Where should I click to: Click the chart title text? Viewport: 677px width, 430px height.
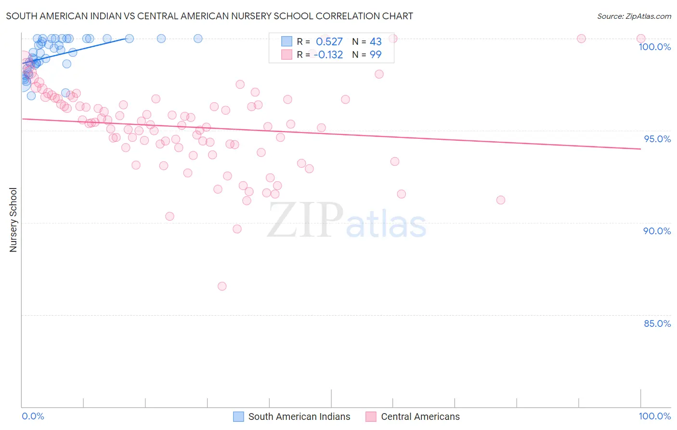click(209, 16)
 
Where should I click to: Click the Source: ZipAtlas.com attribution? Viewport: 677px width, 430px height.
click(634, 16)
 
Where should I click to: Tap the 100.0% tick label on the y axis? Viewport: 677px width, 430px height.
click(654, 47)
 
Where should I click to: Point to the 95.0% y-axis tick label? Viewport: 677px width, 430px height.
click(657, 139)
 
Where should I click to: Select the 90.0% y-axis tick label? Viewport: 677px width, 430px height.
click(657, 231)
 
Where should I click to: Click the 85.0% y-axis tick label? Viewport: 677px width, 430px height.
click(657, 323)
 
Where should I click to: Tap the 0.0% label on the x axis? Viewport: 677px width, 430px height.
click(33, 416)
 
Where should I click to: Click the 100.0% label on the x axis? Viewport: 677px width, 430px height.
click(654, 416)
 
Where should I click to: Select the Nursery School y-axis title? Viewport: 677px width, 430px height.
click(13, 220)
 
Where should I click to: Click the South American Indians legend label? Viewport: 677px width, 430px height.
click(299, 417)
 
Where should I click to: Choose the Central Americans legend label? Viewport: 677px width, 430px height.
click(420, 417)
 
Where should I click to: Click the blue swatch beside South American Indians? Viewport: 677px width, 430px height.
click(238, 417)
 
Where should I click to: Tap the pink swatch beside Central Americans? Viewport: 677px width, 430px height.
click(371, 417)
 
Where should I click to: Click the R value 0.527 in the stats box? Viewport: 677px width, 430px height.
click(329, 42)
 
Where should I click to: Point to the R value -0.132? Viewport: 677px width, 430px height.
click(328, 55)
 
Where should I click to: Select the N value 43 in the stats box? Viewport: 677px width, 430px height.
click(376, 42)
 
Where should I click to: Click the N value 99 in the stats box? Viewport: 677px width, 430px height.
click(376, 55)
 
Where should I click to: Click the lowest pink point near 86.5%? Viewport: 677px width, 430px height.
click(222, 286)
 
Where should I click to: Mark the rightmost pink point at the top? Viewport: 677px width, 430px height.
click(641, 39)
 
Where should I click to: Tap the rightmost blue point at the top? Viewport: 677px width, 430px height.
click(198, 39)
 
